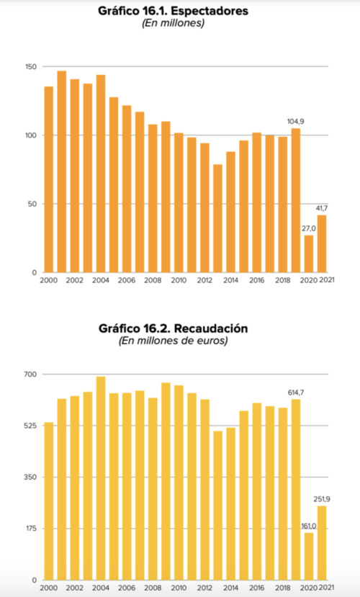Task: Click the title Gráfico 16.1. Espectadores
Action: point(173,12)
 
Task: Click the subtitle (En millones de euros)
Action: point(173,341)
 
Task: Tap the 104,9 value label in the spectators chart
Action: point(294,121)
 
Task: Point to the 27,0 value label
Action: point(309,228)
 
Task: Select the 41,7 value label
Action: point(323,208)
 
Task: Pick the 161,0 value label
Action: point(309,526)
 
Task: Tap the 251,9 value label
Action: point(322,499)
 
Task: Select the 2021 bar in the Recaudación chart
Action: point(322,543)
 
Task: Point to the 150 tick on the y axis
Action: point(30,67)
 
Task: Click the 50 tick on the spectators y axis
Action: point(32,204)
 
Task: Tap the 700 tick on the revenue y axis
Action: point(30,374)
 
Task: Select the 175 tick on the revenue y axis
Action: point(30,529)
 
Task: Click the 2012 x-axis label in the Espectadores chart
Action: point(204,281)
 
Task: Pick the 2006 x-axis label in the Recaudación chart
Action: point(127,588)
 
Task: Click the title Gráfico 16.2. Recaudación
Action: point(173,328)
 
